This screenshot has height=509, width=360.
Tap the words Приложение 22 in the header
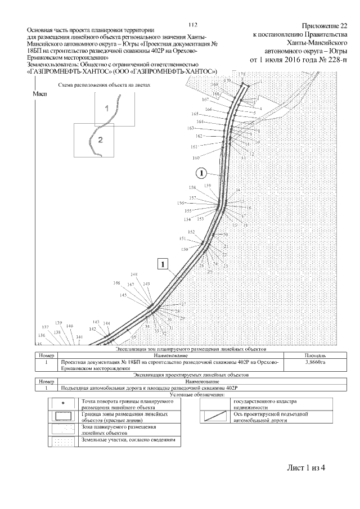pyautogui.click(x=325, y=26)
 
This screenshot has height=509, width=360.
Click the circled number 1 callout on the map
pyautogui.click(x=202, y=172)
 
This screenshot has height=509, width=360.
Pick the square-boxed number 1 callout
pyautogui.click(x=163, y=263)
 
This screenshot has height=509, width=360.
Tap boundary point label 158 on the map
pyautogui.click(x=193, y=187)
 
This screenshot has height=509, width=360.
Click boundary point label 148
pyautogui.click(x=134, y=274)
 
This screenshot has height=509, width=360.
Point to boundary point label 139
pyautogui.click(x=58, y=322)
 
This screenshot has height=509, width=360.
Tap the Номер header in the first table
pyautogui.click(x=45, y=355)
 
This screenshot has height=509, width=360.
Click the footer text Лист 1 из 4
pyautogui.click(x=306, y=468)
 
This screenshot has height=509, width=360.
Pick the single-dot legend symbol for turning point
pyautogui.click(x=62, y=403)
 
